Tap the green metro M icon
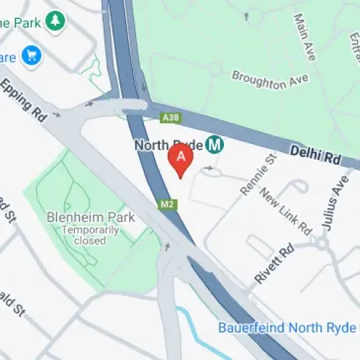click(x=215, y=145)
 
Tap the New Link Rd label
click(x=284, y=212)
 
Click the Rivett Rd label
click(x=274, y=264)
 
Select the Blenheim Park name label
click(x=91, y=217)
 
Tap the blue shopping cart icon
click(x=31, y=55)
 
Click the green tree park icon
click(x=54, y=22)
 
